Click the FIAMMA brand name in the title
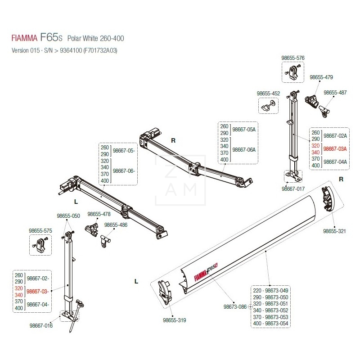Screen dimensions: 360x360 pyautogui.click(x=25, y=38)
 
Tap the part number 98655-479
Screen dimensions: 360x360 pyautogui.click(x=321, y=77)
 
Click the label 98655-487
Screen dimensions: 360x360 pyautogui.click(x=335, y=92)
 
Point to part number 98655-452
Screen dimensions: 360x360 pyautogui.click(x=268, y=94)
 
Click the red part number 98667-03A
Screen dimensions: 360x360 pyautogui.click(x=335, y=148)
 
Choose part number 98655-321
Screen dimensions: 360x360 pyautogui.click(x=334, y=231)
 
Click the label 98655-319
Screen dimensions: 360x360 pyautogui.click(x=175, y=320)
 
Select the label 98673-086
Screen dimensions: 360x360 pyautogui.click(x=235, y=307)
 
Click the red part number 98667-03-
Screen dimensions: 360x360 pyautogui.click(x=38, y=292)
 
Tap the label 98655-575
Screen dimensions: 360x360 pyautogui.click(x=40, y=230)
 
